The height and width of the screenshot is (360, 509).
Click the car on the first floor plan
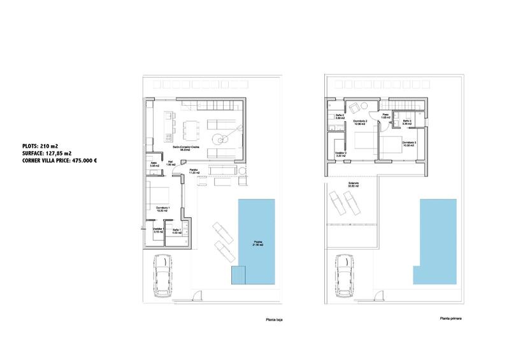347,273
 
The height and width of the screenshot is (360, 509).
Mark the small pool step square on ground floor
238,276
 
